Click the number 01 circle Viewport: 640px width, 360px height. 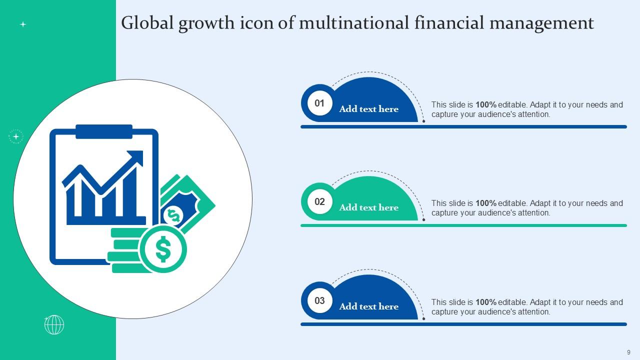(x=319, y=103)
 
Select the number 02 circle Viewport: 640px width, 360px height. (x=319, y=202)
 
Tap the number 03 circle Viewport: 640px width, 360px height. (x=319, y=300)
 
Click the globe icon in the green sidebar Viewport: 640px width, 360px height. (x=54, y=325)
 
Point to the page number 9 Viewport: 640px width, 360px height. (x=628, y=352)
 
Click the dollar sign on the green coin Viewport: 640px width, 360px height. (x=163, y=249)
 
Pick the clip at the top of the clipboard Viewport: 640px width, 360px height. (x=104, y=131)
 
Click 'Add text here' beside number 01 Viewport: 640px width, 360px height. (x=369, y=109)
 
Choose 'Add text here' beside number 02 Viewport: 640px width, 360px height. (x=369, y=207)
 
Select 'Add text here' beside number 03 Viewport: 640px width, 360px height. (x=369, y=306)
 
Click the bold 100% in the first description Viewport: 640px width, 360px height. (x=485, y=105)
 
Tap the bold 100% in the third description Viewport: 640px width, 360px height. (x=485, y=302)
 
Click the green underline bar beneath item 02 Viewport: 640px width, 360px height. (x=463, y=225)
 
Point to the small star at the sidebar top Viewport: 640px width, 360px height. (x=22, y=24)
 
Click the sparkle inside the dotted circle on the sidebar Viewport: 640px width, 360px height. (x=16, y=136)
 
